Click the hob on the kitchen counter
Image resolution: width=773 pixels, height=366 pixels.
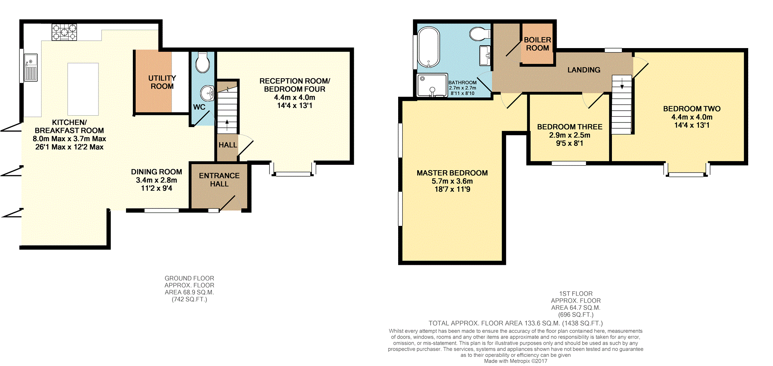pyautogui.click(x=64, y=32)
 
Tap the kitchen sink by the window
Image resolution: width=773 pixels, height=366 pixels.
pyautogui.click(x=31, y=67)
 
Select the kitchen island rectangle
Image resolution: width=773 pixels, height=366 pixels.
pyautogui.click(x=83, y=89)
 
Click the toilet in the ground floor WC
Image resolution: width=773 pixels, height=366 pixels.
pyautogui.click(x=202, y=63)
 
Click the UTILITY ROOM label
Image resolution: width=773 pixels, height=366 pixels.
pyautogui.click(x=162, y=82)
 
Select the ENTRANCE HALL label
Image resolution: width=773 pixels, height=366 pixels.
pyautogui.click(x=219, y=180)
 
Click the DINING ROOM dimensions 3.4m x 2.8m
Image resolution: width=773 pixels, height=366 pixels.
pyautogui.click(x=156, y=180)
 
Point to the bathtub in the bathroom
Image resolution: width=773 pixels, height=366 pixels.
pyautogui.click(x=429, y=47)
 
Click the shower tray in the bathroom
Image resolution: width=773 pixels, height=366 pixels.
pyautogui.click(x=432, y=85)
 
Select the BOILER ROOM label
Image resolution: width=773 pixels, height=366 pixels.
pyautogui.click(x=537, y=44)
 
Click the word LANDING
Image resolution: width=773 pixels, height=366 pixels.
pyautogui.click(x=584, y=70)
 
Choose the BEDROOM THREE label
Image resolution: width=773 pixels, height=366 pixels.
pyautogui.click(x=570, y=127)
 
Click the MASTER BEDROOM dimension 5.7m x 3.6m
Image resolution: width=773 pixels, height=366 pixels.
pyautogui.click(x=452, y=181)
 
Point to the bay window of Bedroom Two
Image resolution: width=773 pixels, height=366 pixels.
pyautogui.click(x=686, y=174)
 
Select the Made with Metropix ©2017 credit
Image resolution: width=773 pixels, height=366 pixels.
pyautogui.click(x=515, y=361)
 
